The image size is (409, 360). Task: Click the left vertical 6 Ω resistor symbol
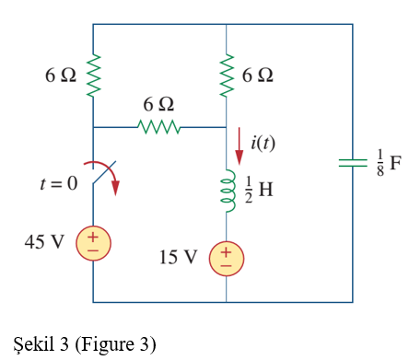tap(93, 75)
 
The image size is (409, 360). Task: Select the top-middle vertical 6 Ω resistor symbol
tap(226, 75)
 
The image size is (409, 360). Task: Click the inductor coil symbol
tap(225, 189)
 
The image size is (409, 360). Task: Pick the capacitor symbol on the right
tap(353, 163)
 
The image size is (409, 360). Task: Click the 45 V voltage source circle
tap(93, 243)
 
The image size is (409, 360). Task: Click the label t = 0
tap(59, 183)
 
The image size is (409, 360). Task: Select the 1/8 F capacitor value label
tap(388, 163)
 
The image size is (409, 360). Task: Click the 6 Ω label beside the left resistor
tap(61, 75)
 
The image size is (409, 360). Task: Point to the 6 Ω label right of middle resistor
tap(258, 75)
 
